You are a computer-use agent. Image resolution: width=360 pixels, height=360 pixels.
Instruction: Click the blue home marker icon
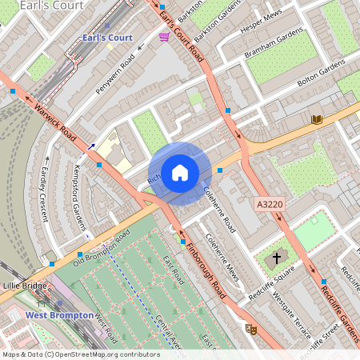(180, 172)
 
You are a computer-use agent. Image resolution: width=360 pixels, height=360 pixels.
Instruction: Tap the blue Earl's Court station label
(107, 38)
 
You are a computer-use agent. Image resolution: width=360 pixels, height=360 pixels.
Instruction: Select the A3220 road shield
(270, 206)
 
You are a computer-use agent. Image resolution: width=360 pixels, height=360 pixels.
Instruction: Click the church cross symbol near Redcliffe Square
(278, 258)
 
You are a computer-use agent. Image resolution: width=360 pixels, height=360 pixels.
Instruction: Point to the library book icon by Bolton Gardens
(317, 119)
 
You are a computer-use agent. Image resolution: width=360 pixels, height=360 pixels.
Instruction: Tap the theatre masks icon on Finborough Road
(250, 328)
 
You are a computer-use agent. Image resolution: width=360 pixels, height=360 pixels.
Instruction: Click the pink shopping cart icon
(164, 37)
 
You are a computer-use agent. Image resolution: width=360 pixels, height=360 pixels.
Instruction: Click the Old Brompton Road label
(101, 248)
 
